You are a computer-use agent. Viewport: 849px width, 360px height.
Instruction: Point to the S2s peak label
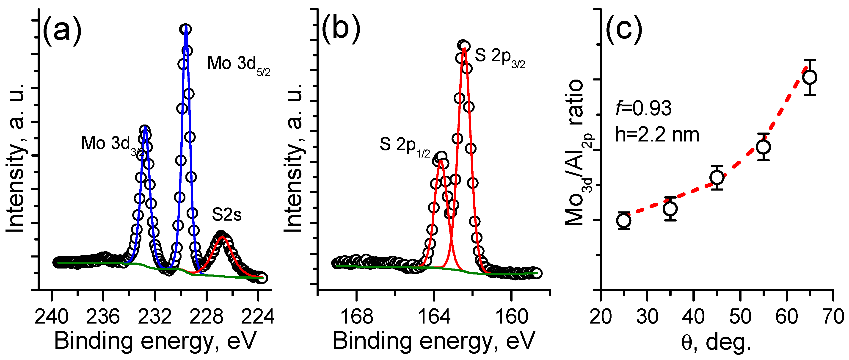coord(226,215)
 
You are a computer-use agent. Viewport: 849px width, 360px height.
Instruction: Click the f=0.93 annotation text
coord(643,108)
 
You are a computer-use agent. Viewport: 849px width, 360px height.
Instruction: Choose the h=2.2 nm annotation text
coord(657,135)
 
